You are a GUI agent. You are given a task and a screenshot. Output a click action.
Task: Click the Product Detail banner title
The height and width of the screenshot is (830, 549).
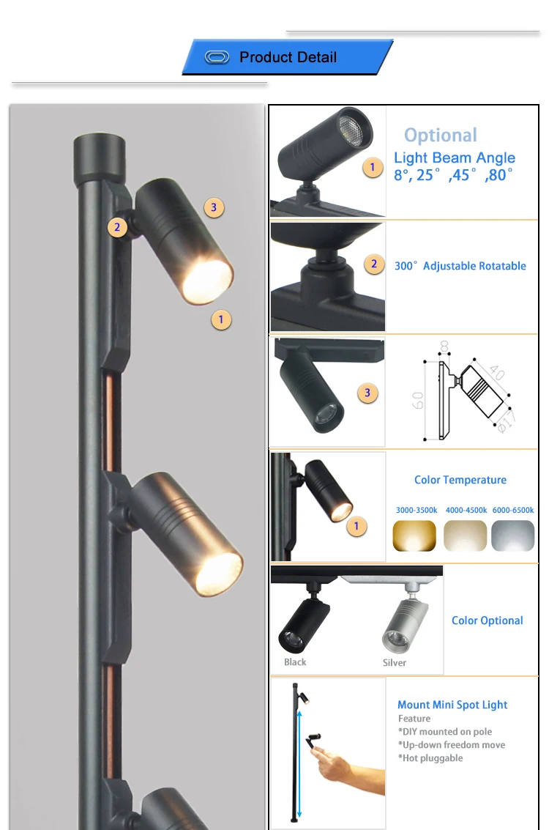[x=288, y=57]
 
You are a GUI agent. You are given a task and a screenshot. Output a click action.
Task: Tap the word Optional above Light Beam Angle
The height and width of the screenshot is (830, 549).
[x=440, y=136]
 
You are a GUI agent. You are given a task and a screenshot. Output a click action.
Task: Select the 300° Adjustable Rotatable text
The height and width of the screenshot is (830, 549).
[x=460, y=266]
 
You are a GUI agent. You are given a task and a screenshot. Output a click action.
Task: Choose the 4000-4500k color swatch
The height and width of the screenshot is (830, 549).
[x=465, y=536]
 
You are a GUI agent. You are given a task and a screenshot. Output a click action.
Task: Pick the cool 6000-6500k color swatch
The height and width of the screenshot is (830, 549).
[x=513, y=536]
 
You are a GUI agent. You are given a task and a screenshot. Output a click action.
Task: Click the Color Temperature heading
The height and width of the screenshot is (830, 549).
[x=460, y=480]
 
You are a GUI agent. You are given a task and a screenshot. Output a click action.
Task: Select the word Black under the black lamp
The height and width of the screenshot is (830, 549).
[x=295, y=662]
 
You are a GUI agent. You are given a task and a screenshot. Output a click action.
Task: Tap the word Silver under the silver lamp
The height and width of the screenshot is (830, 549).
[x=394, y=663]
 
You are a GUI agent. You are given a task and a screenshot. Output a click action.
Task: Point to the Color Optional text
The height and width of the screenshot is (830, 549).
[x=487, y=620]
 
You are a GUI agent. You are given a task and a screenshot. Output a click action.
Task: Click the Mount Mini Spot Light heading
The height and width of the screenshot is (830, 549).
[x=452, y=705]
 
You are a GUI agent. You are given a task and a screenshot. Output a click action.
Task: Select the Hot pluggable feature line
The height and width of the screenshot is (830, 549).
[x=430, y=758]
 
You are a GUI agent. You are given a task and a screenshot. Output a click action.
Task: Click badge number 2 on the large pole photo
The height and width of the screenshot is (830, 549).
[x=117, y=227]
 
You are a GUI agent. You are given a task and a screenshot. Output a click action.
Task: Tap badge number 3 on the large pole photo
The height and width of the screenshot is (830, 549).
[x=213, y=207]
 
